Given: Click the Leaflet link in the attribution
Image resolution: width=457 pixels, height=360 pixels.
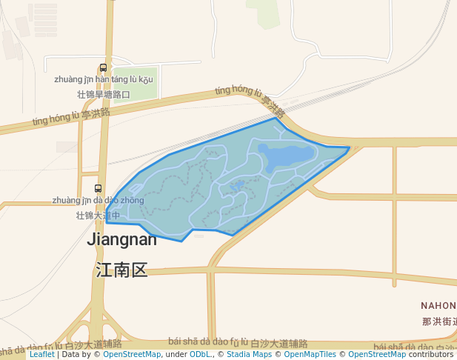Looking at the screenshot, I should tap(41, 355).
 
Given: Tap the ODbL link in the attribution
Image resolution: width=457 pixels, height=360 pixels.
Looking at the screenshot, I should tap(200, 355).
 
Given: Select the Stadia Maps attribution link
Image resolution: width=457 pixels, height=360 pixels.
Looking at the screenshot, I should tap(249, 355).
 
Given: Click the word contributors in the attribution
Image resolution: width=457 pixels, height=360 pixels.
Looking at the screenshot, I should tap(430, 355).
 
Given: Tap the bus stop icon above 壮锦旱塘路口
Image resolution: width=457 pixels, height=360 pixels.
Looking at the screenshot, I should tap(104, 67).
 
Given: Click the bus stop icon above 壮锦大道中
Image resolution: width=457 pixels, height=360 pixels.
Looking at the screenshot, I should tap(99, 188).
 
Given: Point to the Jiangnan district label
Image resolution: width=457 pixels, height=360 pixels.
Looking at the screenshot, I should tap(122, 239).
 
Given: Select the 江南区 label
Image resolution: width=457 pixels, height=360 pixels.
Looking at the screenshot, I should tap(122, 270).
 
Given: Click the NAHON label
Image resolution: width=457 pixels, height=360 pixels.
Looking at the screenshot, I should tap(438, 305).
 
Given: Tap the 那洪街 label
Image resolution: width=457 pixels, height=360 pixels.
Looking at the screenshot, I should tap(439, 321).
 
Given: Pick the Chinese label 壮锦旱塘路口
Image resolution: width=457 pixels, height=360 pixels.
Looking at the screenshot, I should tap(104, 94).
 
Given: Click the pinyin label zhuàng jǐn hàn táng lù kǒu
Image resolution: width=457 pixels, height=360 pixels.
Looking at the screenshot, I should tap(104, 79).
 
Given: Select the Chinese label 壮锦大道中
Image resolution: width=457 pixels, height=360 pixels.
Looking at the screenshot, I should tap(99, 215).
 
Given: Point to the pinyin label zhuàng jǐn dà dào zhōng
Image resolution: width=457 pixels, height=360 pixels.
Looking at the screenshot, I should tap(99, 200).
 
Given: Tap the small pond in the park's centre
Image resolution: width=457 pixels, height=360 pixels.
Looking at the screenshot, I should tap(237, 185).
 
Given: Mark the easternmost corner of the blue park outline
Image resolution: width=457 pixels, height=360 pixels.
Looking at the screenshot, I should tap(350, 147).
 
